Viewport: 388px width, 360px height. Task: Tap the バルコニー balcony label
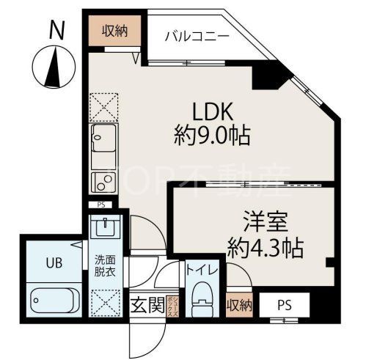(196, 35)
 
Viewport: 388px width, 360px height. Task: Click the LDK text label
(212, 112)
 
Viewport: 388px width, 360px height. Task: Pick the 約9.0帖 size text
(212, 136)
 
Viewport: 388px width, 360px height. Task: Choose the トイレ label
(201, 271)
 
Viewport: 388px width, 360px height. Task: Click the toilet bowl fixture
(200, 302)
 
